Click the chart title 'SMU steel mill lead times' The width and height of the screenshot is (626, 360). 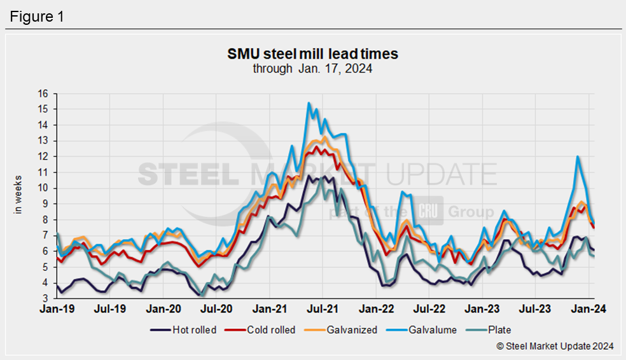(312, 54)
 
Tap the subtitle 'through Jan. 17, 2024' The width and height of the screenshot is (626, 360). (312, 69)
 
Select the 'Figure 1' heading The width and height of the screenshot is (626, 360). (36, 17)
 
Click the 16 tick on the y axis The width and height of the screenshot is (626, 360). (43, 93)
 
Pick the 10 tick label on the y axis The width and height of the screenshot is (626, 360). (43, 188)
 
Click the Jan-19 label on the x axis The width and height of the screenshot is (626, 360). (57, 310)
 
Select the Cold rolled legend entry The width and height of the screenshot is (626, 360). (263, 330)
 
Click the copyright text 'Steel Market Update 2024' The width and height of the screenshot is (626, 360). (554, 346)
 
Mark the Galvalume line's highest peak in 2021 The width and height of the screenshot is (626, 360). (309, 103)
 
